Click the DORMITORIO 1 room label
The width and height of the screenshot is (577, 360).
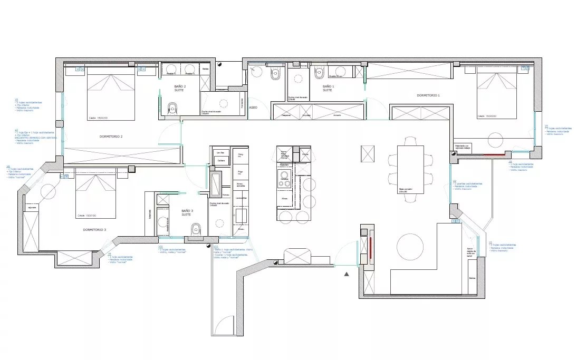(428, 95)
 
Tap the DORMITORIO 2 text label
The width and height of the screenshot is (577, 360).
(111, 137)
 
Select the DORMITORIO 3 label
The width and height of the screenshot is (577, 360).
(94, 230)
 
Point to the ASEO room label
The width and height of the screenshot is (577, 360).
(253, 108)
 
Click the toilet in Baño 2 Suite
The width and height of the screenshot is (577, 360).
(172, 109)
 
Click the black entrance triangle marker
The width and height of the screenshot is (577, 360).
(347, 274)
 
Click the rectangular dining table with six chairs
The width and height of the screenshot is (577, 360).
(410, 170)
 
